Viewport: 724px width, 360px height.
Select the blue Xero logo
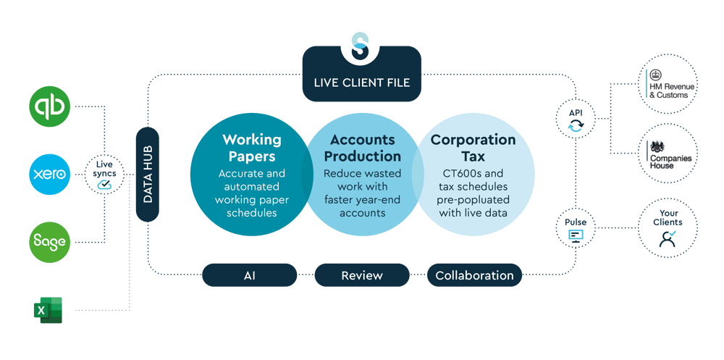(50, 175)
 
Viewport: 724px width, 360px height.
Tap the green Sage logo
(50, 242)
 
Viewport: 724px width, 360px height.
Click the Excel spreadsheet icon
(50, 311)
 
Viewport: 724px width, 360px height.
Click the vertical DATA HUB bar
(147, 174)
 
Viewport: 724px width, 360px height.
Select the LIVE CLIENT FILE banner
(362, 82)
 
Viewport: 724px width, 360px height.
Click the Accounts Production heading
(362, 147)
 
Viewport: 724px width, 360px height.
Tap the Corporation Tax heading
(473, 147)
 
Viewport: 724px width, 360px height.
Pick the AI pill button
(249, 275)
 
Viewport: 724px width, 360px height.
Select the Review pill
(362, 275)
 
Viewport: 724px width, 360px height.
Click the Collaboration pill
(474, 275)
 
